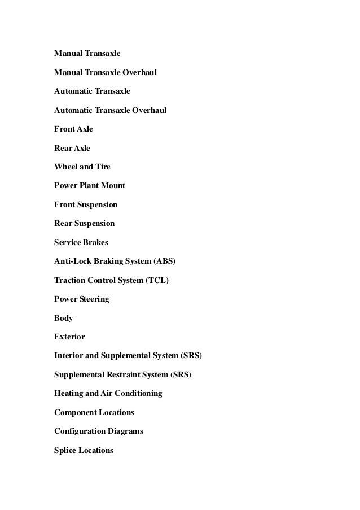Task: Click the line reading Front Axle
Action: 73,129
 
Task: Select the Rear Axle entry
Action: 72,148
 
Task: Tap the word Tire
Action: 103,167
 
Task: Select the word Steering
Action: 94,299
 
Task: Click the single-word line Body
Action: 63,318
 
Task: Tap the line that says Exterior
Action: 69,337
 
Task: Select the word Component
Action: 76,412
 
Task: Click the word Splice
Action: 65,450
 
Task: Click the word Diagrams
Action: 125,431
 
